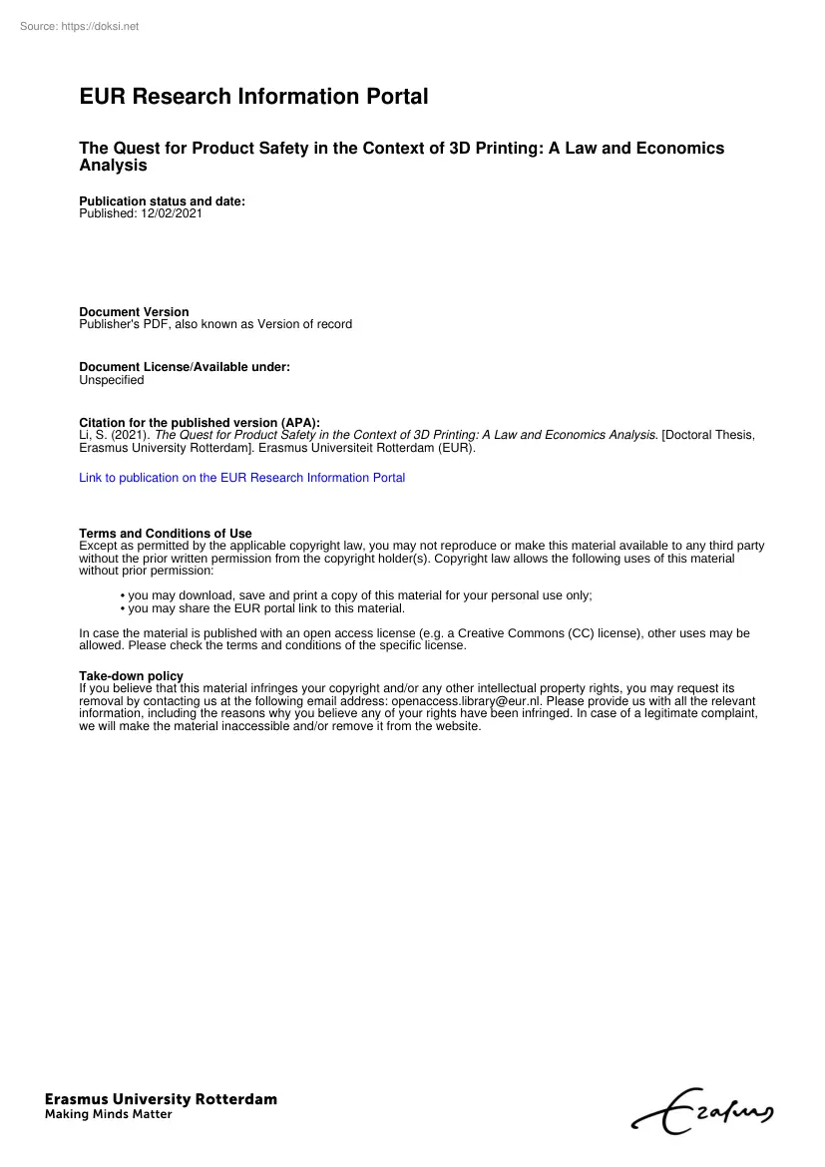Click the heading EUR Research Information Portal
pos(253,97)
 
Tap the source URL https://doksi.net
pos(100,26)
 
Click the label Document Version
pos(134,312)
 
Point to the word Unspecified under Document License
pos(111,380)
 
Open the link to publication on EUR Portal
pos(241,478)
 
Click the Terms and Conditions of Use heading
pos(166,534)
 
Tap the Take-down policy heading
pos(131,676)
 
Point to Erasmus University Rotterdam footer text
pos(161,1099)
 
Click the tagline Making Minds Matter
pos(108,1115)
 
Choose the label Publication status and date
pos(162,201)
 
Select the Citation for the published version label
pos(200,423)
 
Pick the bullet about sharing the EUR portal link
pos(265,608)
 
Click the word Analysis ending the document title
pos(113,166)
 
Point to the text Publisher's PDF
pos(124,324)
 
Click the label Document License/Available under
pos(185,367)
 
